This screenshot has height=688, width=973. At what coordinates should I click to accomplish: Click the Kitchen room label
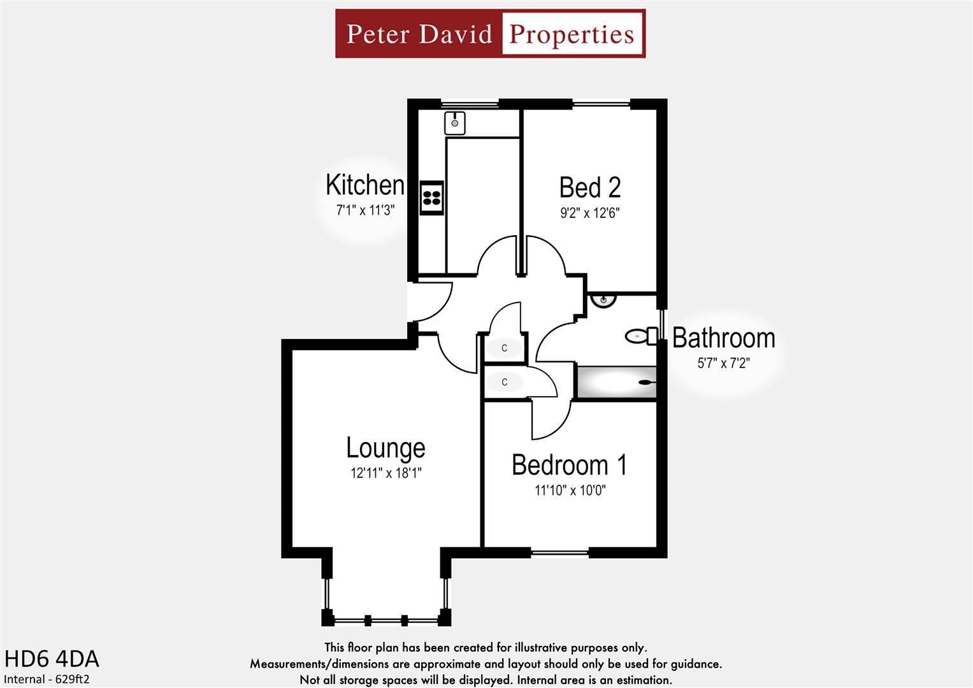point(364,185)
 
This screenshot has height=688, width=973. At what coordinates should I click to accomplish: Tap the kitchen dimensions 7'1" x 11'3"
point(366,210)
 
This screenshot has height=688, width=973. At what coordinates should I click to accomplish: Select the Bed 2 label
point(589,187)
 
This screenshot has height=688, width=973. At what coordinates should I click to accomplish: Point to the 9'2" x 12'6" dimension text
point(589,213)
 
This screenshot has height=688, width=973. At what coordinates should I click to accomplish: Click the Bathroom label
point(723,338)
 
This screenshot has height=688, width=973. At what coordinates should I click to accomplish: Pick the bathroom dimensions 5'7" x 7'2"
point(723,363)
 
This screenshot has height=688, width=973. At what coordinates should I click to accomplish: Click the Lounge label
point(386,448)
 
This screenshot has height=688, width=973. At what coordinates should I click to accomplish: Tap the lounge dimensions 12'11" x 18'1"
point(386,473)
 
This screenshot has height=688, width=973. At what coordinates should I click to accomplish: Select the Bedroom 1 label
point(569,465)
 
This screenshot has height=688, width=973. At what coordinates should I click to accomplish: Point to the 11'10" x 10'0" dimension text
point(570,491)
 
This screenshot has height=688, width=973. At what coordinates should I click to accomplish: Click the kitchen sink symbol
point(455,122)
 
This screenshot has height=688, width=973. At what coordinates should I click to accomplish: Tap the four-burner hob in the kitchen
point(431,197)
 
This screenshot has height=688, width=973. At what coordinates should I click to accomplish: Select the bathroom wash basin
point(603,299)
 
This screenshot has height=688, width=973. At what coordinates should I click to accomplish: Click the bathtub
point(616,382)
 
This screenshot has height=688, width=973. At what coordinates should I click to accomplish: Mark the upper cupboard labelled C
point(505,348)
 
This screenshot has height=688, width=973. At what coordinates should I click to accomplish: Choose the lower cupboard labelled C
point(505,382)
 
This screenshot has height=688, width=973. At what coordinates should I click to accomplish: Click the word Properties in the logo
point(572,34)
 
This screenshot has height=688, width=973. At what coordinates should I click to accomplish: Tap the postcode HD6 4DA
point(52,659)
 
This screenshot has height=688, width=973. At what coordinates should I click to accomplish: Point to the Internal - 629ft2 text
point(47,679)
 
